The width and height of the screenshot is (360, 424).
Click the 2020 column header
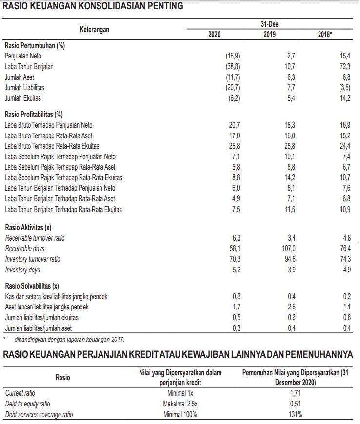coord(214,35)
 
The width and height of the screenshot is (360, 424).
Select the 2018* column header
coord(325,35)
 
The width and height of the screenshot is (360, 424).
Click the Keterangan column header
coord(95,30)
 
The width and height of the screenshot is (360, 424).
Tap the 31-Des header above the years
coord(270,24)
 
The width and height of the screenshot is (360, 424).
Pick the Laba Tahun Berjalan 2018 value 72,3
coord(345,67)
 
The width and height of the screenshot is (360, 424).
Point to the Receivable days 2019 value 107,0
coord(287,249)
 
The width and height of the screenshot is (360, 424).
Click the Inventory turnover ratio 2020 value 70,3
coord(234,259)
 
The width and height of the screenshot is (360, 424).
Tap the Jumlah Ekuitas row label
coord(23,98)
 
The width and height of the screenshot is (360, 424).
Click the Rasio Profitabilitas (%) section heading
coord(34,115)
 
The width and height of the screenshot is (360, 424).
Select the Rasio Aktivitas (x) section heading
coord(28,228)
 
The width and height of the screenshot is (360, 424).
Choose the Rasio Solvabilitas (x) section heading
coord(32,286)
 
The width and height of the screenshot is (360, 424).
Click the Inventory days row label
coord(22,270)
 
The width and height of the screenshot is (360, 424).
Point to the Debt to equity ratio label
coord(27,404)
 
